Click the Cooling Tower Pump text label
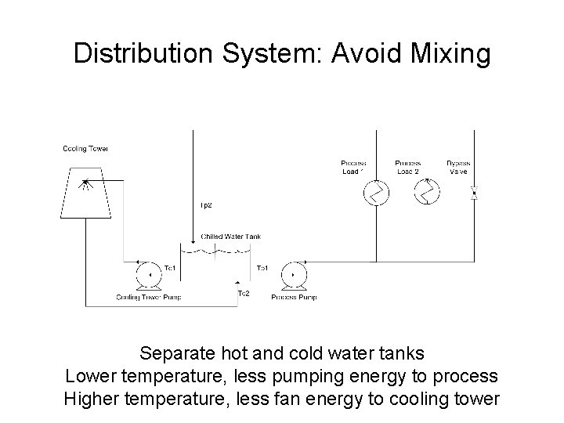click(x=148, y=298)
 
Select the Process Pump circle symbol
click(x=292, y=275)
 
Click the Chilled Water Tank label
click(x=230, y=236)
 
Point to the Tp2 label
click(x=206, y=205)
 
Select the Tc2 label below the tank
click(x=243, y=293)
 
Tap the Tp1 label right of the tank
click(x=264, y=268)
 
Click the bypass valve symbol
click(x=474, y=192)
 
